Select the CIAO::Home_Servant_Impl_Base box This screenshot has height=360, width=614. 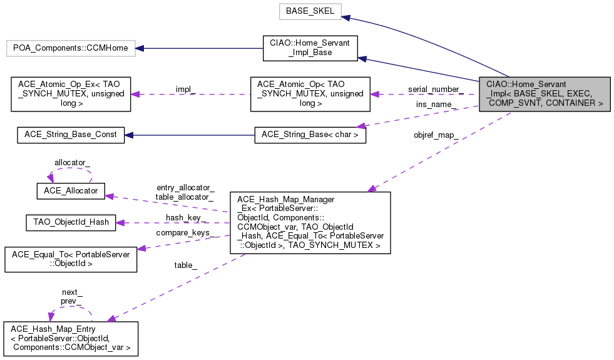[x=310, y=48]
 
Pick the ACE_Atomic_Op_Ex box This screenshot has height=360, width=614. [x=71, y=94]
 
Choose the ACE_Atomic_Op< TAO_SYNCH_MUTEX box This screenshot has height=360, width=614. [x=310, y=94]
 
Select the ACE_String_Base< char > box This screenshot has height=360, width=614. [x=310, y=135]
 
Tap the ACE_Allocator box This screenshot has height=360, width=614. [x=71, y=191]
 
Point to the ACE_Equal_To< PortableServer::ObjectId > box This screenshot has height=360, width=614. [x=71, y=259]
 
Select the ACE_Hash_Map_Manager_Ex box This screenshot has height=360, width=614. [x=310, y=222]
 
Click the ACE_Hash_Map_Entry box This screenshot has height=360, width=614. [x=71, y=338]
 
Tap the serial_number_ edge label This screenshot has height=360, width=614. [x=435, y=89]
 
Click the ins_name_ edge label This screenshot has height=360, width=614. [x=436, y=104]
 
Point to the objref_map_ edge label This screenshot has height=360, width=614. [x=436, y=135]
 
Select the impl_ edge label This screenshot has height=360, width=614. [x=185, y=89]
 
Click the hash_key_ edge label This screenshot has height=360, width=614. [x=185, y=217]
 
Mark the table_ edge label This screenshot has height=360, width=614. [x=185, y=265]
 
